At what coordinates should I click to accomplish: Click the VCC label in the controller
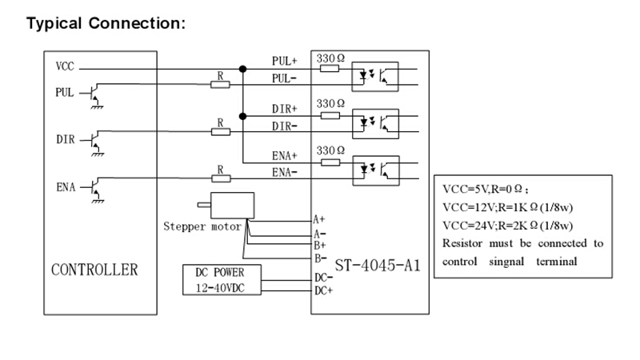[65, 66]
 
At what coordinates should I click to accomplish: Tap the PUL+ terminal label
[285, 62]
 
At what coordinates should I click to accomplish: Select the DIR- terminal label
[285, 126]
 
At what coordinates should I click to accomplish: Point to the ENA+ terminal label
[285, 156]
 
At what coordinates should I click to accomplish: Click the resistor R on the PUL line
[220, 85]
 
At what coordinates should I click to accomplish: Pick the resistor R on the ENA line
[221, 178]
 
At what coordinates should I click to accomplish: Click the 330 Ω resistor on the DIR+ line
[330, 116]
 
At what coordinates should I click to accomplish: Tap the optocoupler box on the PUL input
[375, 77]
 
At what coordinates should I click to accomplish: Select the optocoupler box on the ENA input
[376, 170]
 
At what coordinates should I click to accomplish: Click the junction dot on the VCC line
[243, 69]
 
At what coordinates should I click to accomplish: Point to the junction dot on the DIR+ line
[243, 116]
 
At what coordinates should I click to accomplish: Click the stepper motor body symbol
[232, 206]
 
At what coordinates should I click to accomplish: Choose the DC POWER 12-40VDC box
[222, 279]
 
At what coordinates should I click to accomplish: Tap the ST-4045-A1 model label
[378, 266]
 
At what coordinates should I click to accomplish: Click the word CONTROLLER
[94, 270]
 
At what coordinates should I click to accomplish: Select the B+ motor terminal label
[319, 246]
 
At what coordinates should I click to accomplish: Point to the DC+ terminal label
[323, 290]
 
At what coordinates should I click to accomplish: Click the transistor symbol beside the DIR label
[94, 143]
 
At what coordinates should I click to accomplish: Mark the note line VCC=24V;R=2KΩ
[508, 226]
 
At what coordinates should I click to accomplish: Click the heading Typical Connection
[106, 23]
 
